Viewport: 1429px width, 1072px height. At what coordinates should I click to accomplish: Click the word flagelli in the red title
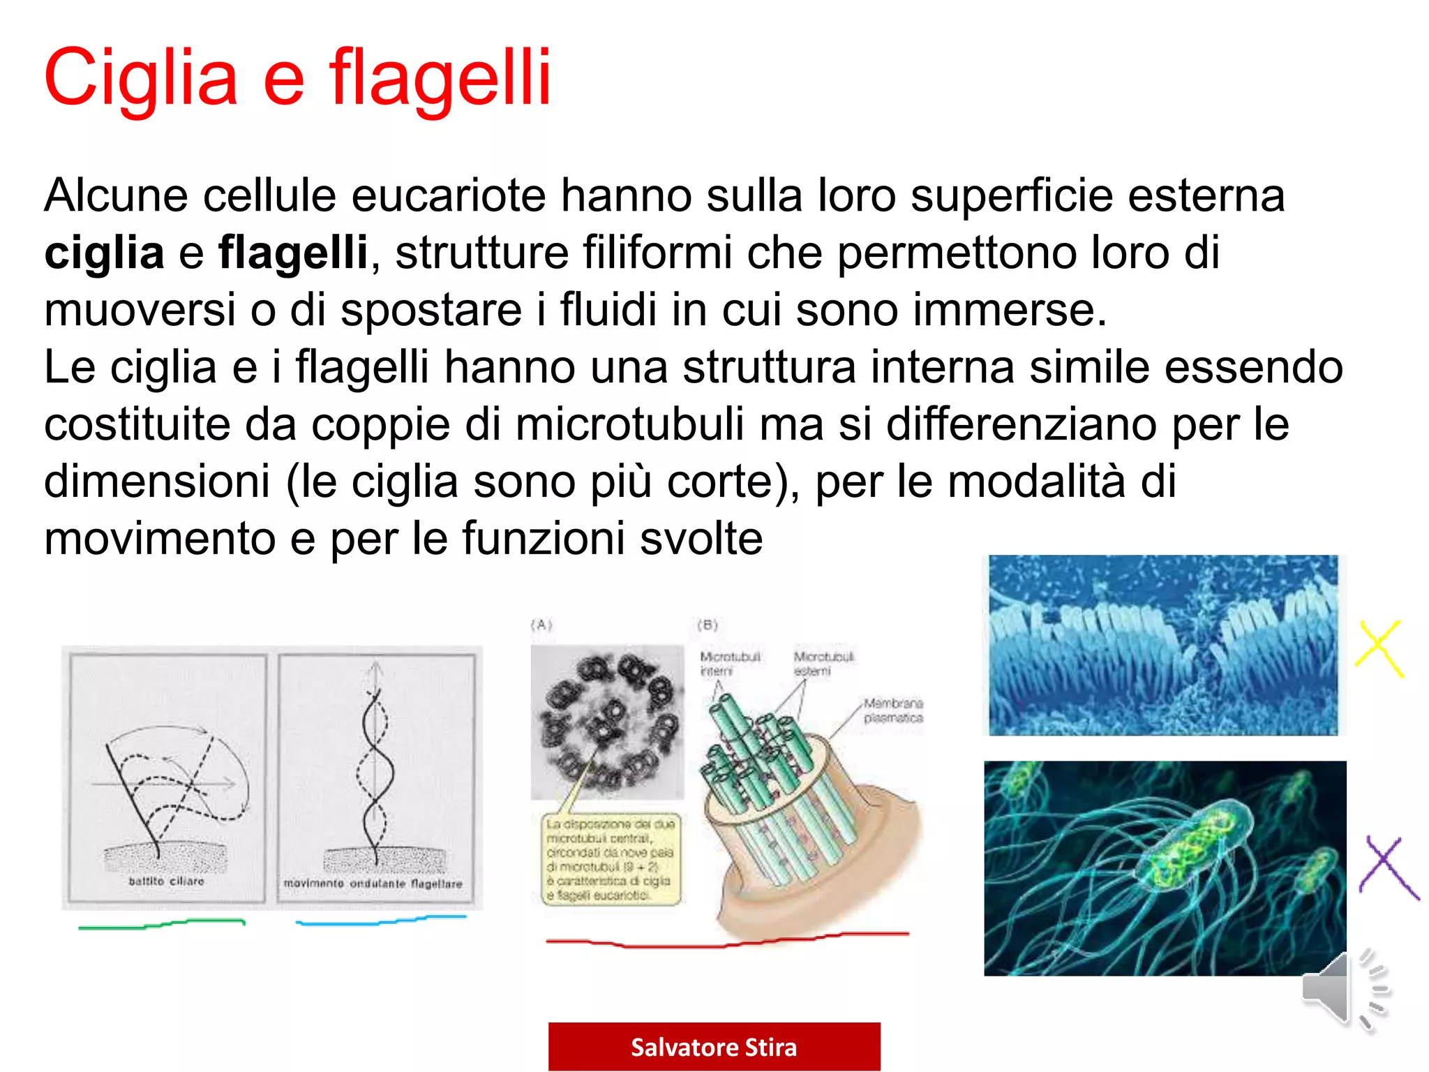[440, 78]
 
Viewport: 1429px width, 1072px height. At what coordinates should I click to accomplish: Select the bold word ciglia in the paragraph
[104, 253]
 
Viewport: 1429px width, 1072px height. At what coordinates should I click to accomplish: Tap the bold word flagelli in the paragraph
[293, 253]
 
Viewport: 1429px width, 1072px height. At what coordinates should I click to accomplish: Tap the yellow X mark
[1379, 648]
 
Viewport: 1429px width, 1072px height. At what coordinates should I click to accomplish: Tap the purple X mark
[1388, 868]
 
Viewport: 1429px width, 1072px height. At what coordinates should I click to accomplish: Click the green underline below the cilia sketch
[162, 925]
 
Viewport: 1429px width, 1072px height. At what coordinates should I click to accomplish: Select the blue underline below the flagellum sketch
[381, 921]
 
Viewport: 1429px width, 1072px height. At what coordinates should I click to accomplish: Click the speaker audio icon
[1343, 990]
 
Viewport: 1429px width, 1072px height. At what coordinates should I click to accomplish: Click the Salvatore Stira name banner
[714, 1047]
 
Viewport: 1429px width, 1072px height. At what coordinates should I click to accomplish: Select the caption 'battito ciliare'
[166, 881]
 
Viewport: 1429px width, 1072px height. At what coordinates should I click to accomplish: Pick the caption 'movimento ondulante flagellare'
[373, 884]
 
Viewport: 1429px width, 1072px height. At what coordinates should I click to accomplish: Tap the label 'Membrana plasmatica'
[892, 710]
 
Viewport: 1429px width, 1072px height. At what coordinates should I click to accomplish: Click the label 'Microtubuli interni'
[730, 664]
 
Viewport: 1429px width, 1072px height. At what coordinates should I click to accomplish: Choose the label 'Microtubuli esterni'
[823, 664]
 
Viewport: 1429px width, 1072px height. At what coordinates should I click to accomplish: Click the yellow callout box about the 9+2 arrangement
[610, 860]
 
